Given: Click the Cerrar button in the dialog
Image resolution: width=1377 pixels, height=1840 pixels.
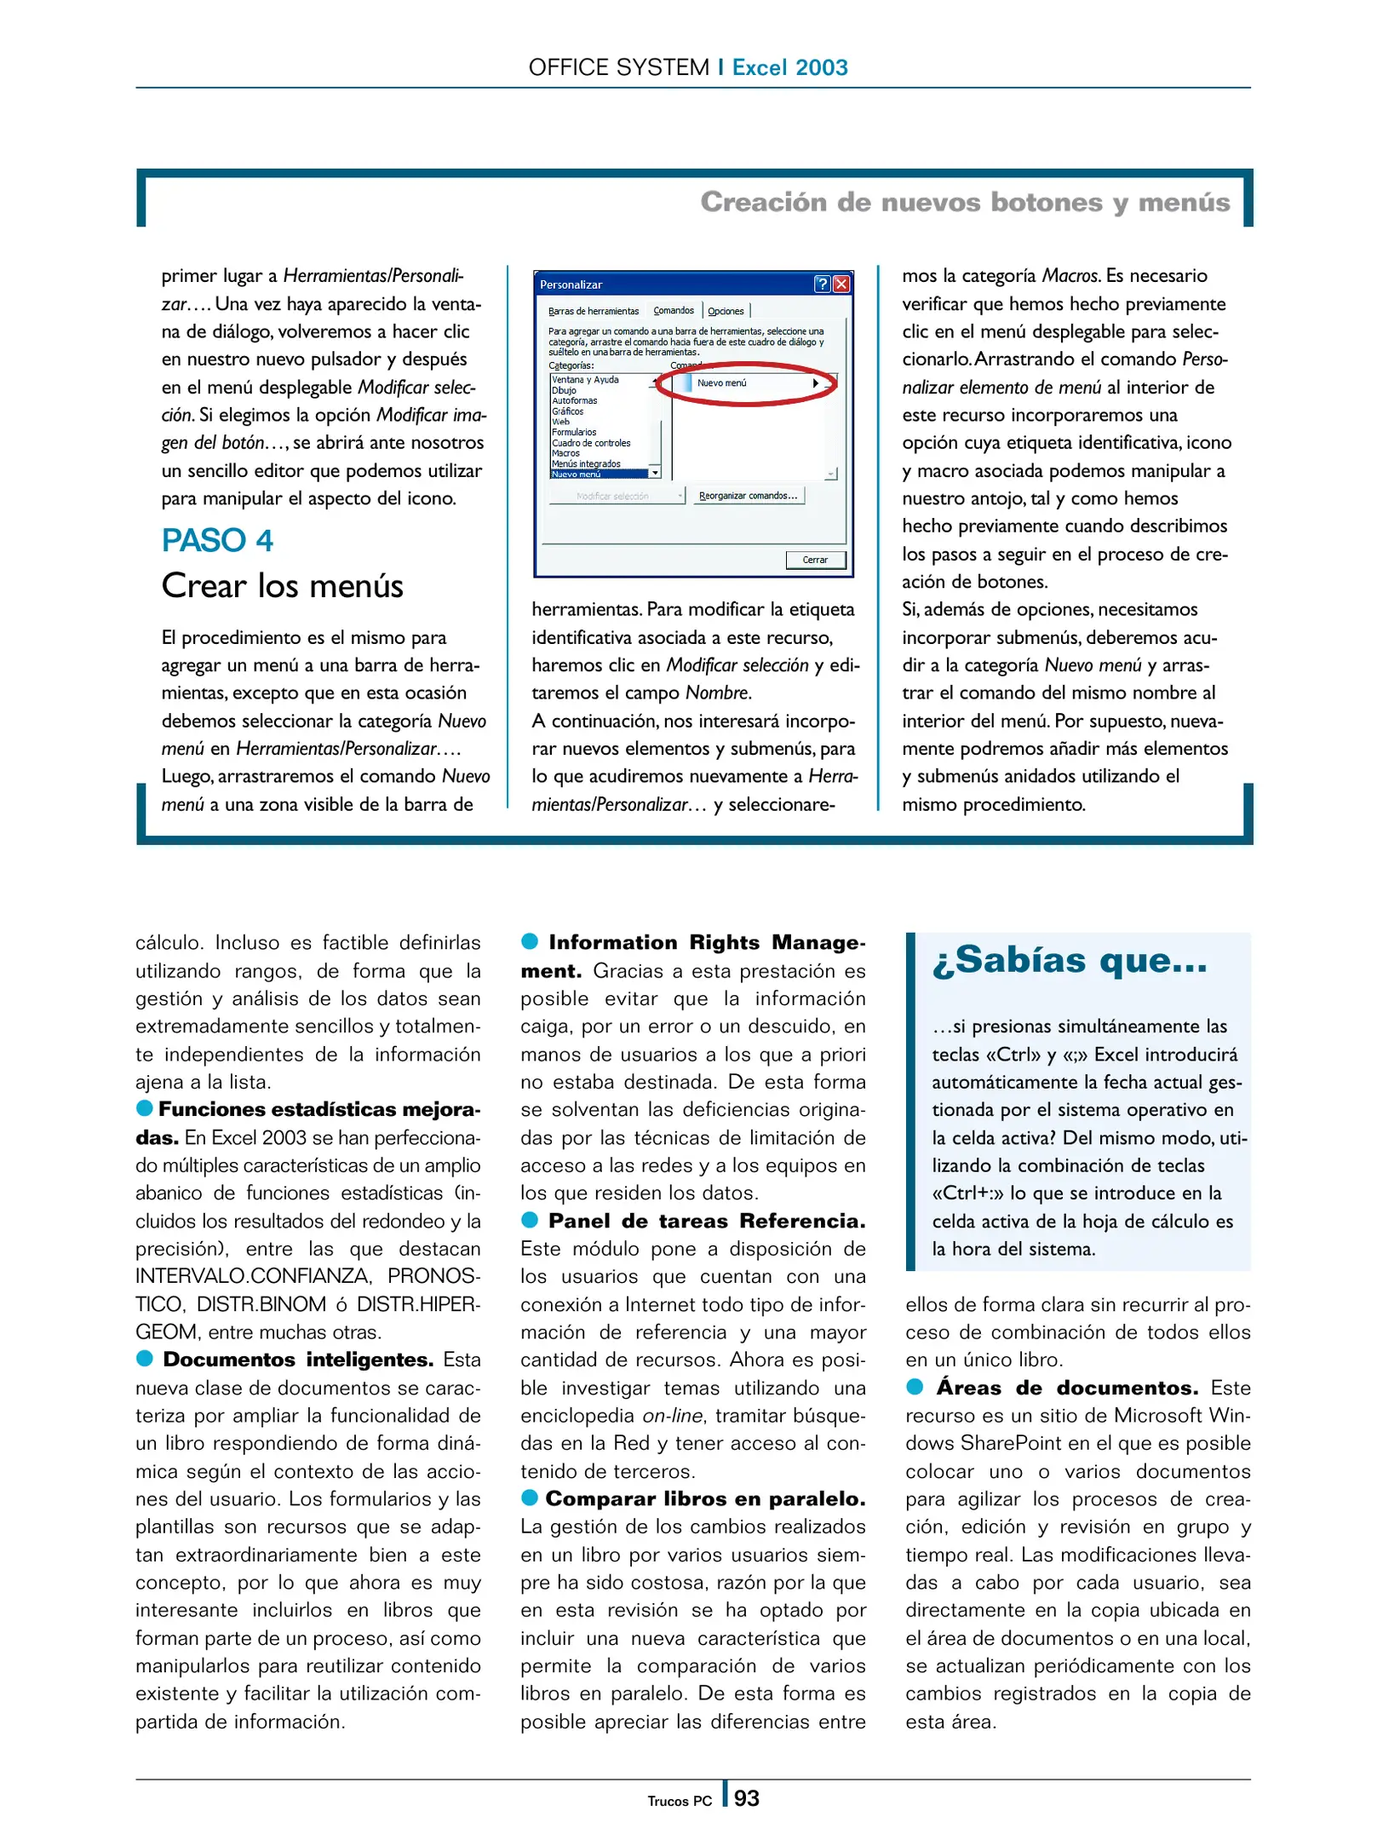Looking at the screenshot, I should tap(814, 560).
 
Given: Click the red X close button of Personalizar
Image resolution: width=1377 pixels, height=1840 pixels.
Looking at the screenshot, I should tap(841, 285).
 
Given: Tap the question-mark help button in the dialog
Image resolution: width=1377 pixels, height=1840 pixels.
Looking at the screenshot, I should tap(822, 285).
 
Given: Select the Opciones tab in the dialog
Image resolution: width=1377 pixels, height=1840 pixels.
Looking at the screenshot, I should tap(726, 311).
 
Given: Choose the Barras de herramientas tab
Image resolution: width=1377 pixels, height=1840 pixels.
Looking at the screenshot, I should tap(593, 311).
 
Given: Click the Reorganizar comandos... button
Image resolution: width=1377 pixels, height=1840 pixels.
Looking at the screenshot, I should tap(748, 496).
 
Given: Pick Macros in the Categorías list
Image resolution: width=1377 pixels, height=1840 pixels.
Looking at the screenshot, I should tap(565, 453).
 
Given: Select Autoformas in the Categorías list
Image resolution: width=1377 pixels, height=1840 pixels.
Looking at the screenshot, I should tap(575, 400).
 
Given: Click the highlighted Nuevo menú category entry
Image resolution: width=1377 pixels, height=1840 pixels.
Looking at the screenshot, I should tap(577, 474).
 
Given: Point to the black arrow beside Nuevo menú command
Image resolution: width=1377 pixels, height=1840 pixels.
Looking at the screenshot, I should tap(815, 383).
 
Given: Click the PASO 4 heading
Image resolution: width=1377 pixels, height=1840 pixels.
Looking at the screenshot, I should tap(217, 541).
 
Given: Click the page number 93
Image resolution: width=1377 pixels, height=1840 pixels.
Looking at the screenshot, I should tap(746, 1798).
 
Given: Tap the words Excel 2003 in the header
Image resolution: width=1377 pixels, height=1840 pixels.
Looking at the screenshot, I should tap(789, 67).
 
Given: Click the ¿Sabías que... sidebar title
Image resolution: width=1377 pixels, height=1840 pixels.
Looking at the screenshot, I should tap(1070, 961).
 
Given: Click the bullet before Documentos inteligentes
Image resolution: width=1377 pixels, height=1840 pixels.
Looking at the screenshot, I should tap(145, 1358).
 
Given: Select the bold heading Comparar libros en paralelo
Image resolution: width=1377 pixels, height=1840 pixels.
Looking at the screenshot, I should tap(704, 1498).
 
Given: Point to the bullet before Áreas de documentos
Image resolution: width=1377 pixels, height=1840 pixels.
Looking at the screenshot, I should tap(915, 1387).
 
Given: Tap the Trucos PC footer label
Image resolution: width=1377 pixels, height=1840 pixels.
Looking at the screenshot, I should tap(679, 1801).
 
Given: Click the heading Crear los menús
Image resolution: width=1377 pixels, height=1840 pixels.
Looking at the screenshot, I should tap(282, 586).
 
